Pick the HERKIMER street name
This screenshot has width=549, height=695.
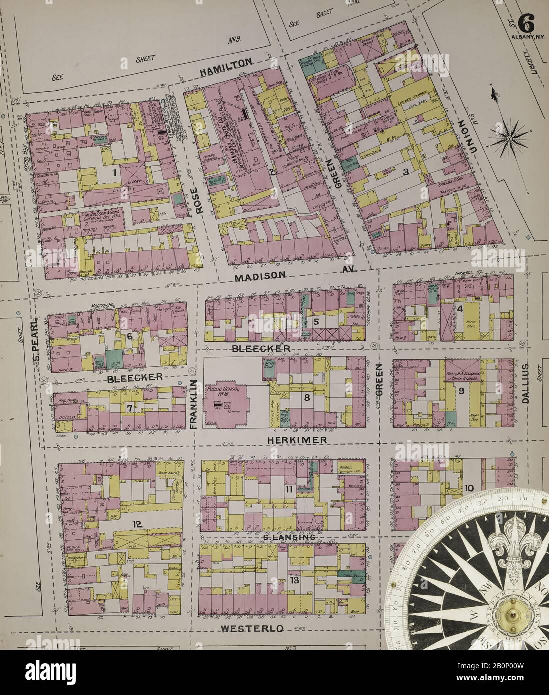[x=298, y=440]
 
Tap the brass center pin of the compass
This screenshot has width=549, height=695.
[x=512, y=613]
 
